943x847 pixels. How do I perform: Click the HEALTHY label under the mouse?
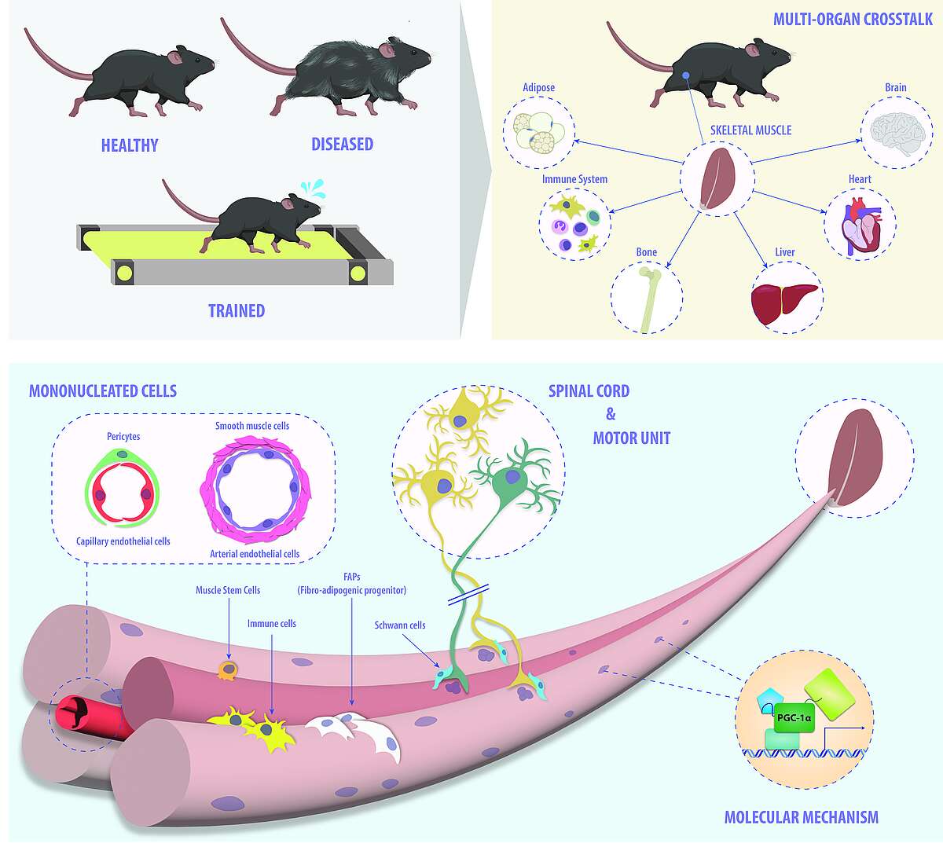130,145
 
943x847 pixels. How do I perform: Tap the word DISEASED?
342,144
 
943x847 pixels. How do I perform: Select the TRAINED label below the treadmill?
237,310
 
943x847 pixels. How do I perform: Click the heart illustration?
858,224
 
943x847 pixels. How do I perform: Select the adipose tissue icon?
538,130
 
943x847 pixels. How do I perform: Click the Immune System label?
574,179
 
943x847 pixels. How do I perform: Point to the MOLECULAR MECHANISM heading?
801,817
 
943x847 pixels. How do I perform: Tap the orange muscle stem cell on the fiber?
228,670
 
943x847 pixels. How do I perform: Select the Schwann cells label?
400,625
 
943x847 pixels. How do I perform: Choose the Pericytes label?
123,436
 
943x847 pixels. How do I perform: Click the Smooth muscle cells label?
252,426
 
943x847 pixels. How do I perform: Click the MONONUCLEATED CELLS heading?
103,390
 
